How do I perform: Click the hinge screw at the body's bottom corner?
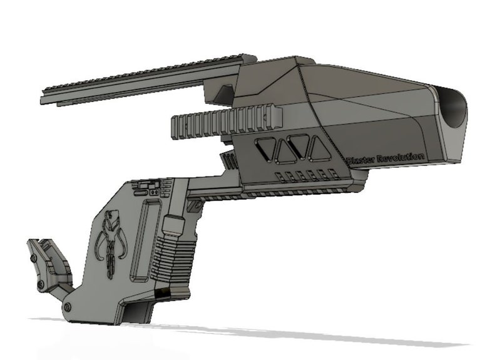67,306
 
